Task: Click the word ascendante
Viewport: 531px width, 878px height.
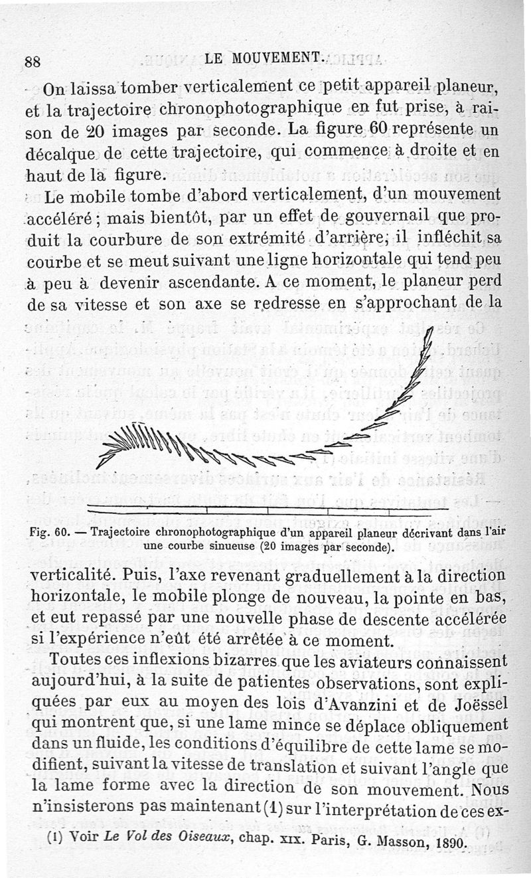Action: coord(208,282)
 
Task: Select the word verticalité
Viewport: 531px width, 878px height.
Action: coord(76,574)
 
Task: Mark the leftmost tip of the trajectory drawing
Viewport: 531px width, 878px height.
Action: coord(98,467)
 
